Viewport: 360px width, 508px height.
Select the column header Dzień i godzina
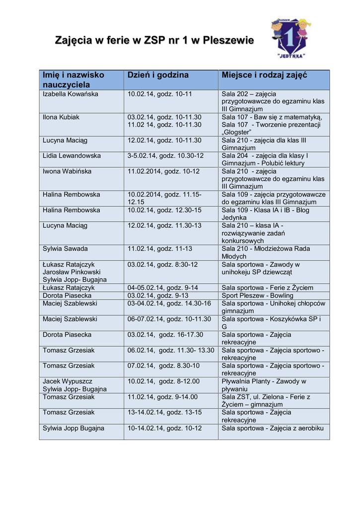158,75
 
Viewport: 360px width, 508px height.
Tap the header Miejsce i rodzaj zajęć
264,75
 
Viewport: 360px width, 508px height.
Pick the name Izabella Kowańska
71,94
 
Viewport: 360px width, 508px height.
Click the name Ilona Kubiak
61,117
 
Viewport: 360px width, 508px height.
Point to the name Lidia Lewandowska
72,156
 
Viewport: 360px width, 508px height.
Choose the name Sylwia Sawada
65,249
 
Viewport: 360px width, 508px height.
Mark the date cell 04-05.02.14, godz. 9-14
162,288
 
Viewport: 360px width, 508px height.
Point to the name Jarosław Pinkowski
72,272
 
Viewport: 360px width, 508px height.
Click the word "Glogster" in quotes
236,132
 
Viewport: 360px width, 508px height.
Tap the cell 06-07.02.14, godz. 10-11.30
169,319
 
